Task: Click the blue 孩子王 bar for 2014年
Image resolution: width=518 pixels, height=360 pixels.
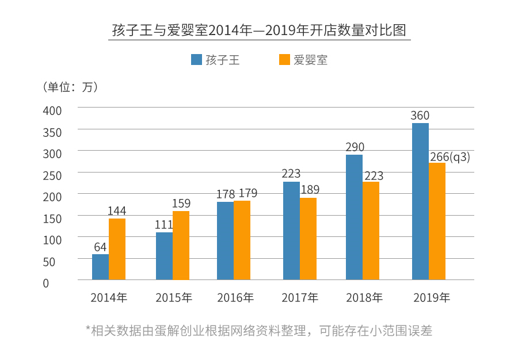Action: [x=100, y=267]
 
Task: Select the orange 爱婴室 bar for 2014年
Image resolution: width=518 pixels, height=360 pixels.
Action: [x=117, y=249]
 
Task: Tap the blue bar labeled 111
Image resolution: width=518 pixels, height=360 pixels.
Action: [x=164, y=256]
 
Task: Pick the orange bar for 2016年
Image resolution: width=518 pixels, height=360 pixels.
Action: [x=242, y=240]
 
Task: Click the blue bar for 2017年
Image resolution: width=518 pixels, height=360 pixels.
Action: [x=291, y=231]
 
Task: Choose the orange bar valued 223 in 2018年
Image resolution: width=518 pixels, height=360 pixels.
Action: [x=371, y=231]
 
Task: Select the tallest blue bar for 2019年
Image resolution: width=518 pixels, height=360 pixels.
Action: [x=420, y=201]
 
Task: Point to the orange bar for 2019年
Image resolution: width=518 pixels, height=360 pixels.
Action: [x=437, y=221]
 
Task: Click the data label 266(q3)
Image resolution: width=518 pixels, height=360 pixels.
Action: [x=450, y=156]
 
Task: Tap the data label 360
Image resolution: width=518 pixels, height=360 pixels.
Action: [x=420, y=116]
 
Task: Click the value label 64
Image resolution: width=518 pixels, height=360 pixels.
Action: [x=100, y=247]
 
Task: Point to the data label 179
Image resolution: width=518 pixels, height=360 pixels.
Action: [x=247, y=193]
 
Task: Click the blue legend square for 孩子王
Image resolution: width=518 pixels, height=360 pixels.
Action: [x=196, y=60]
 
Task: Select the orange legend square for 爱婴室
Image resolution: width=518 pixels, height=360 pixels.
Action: [x=284, y=60]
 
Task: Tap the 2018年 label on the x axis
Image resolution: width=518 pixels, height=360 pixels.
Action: [x=364, y=298]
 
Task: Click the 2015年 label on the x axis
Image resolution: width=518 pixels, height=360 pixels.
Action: [x=174, y=298]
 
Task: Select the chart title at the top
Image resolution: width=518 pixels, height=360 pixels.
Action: [x=259, y=30]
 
